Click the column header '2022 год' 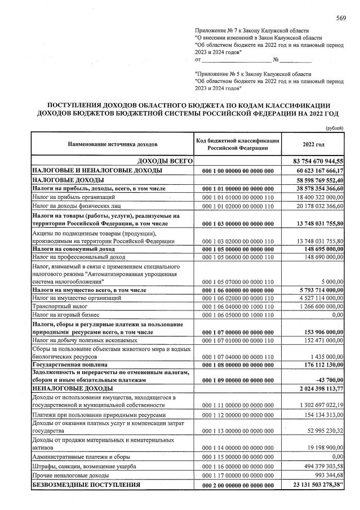(313, 144)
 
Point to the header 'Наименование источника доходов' (113, 144)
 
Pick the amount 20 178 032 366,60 (315, 206)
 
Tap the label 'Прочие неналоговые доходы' (70, 476)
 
